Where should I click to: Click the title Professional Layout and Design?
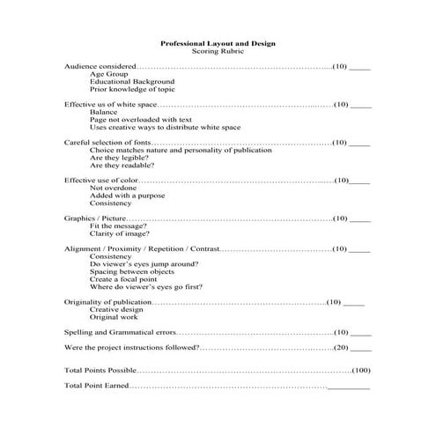218,42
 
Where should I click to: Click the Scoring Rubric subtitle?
218,51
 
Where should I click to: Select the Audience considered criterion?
100,66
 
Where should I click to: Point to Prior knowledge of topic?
132,89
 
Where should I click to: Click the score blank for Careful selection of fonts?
360,142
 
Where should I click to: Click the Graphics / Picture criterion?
96,218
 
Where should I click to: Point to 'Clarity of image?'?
119,233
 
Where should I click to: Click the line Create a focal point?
127,279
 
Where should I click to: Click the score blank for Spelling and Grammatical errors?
360,333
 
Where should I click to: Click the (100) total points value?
361,370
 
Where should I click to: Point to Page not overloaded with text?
141,119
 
